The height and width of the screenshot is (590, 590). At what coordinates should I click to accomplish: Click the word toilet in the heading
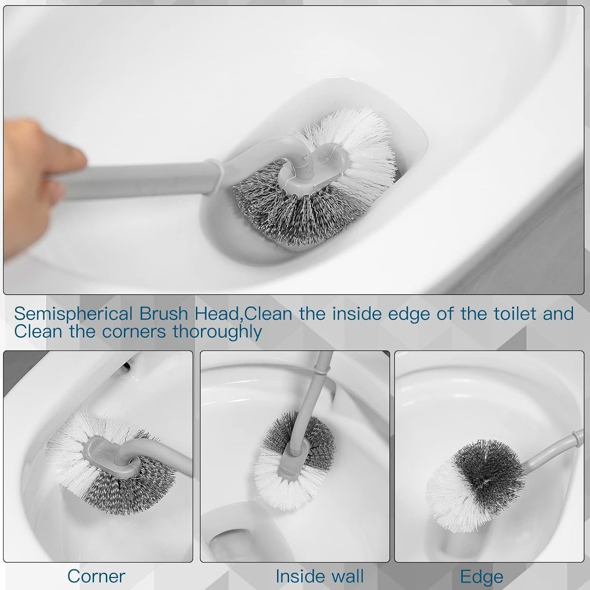(509, 314)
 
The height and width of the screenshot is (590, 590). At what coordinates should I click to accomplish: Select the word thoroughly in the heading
(217, 332)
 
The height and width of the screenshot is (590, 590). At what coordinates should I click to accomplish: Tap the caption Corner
(96, 576)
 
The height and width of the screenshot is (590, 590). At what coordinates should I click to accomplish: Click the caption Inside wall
(319, 576)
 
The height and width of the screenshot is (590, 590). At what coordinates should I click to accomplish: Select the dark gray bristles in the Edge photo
(490, 470)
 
